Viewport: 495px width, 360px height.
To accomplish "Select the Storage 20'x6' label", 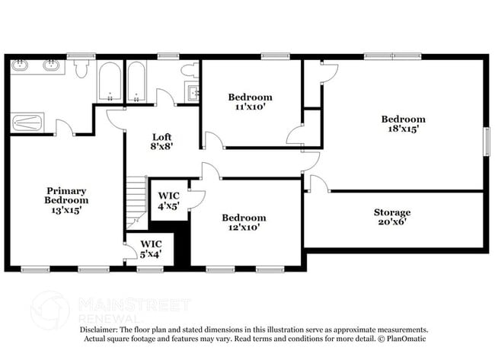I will coord(391,218).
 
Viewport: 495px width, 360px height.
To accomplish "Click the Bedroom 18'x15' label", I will coord(403,124).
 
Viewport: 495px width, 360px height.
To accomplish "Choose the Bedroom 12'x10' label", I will coord(244,223).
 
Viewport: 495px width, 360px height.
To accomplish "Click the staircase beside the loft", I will coord(136,201).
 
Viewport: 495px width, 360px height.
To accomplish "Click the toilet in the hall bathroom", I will coord(189,70).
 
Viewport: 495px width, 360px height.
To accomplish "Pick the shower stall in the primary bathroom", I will coord(27,123).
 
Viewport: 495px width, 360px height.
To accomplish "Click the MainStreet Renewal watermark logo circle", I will coord(49,309).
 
